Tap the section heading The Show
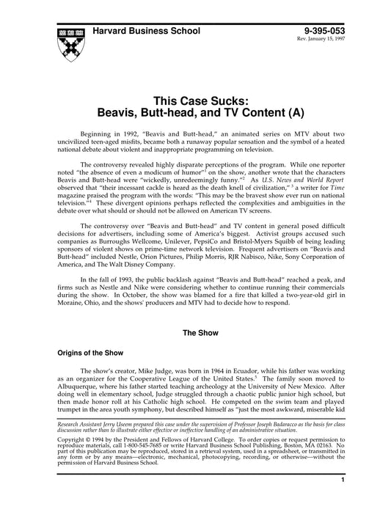[196, 331]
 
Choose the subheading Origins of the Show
[89, 352]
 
